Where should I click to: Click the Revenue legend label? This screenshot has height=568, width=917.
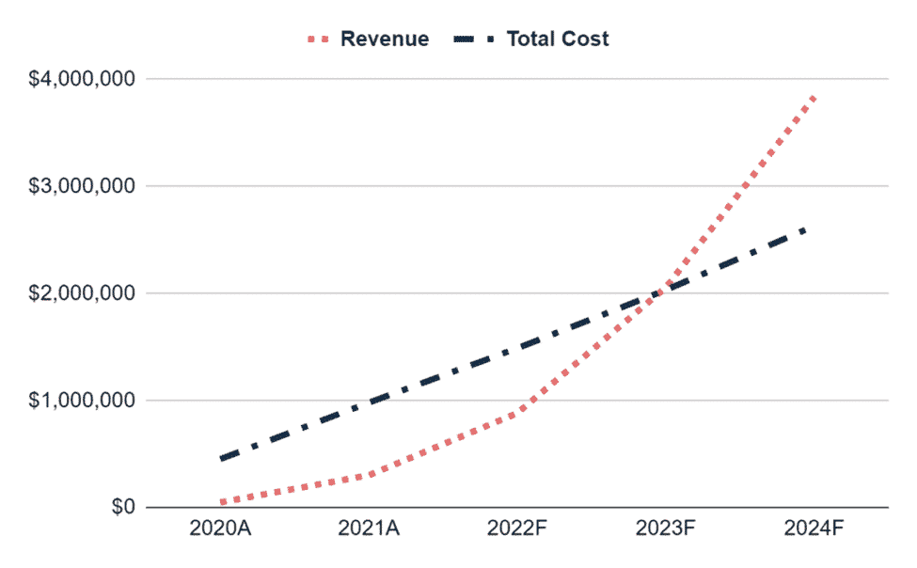click(385, 39)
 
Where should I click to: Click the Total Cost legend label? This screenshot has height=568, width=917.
click(558, 39)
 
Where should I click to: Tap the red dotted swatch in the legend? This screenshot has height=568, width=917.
click(319, 39)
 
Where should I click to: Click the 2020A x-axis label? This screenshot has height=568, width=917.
click(220, 529)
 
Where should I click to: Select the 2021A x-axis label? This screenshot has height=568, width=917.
click(369, 529)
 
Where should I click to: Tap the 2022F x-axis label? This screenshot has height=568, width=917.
click(516, 529)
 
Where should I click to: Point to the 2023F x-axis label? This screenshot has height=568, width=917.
click(665, 529)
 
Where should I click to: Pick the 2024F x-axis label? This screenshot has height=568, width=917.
click(813, 529)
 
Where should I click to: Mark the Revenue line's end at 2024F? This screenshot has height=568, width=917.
click(813, 97)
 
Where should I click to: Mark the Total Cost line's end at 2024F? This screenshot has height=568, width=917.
click(807, 229)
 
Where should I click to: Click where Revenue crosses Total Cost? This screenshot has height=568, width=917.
click(664, 289)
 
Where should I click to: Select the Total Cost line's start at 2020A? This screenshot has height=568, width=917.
click(222, 458)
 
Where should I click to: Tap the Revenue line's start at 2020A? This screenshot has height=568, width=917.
click(222, 503)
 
